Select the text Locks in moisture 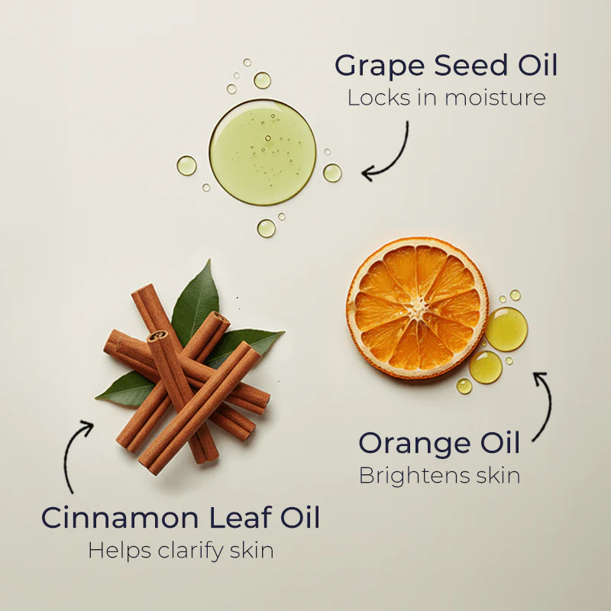447,98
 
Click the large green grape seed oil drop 263,151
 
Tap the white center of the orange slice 417,307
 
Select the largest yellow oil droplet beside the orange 506,329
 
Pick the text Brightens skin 439,475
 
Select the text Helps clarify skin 180,550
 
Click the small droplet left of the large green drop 186,166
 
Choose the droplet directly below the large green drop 266,228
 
